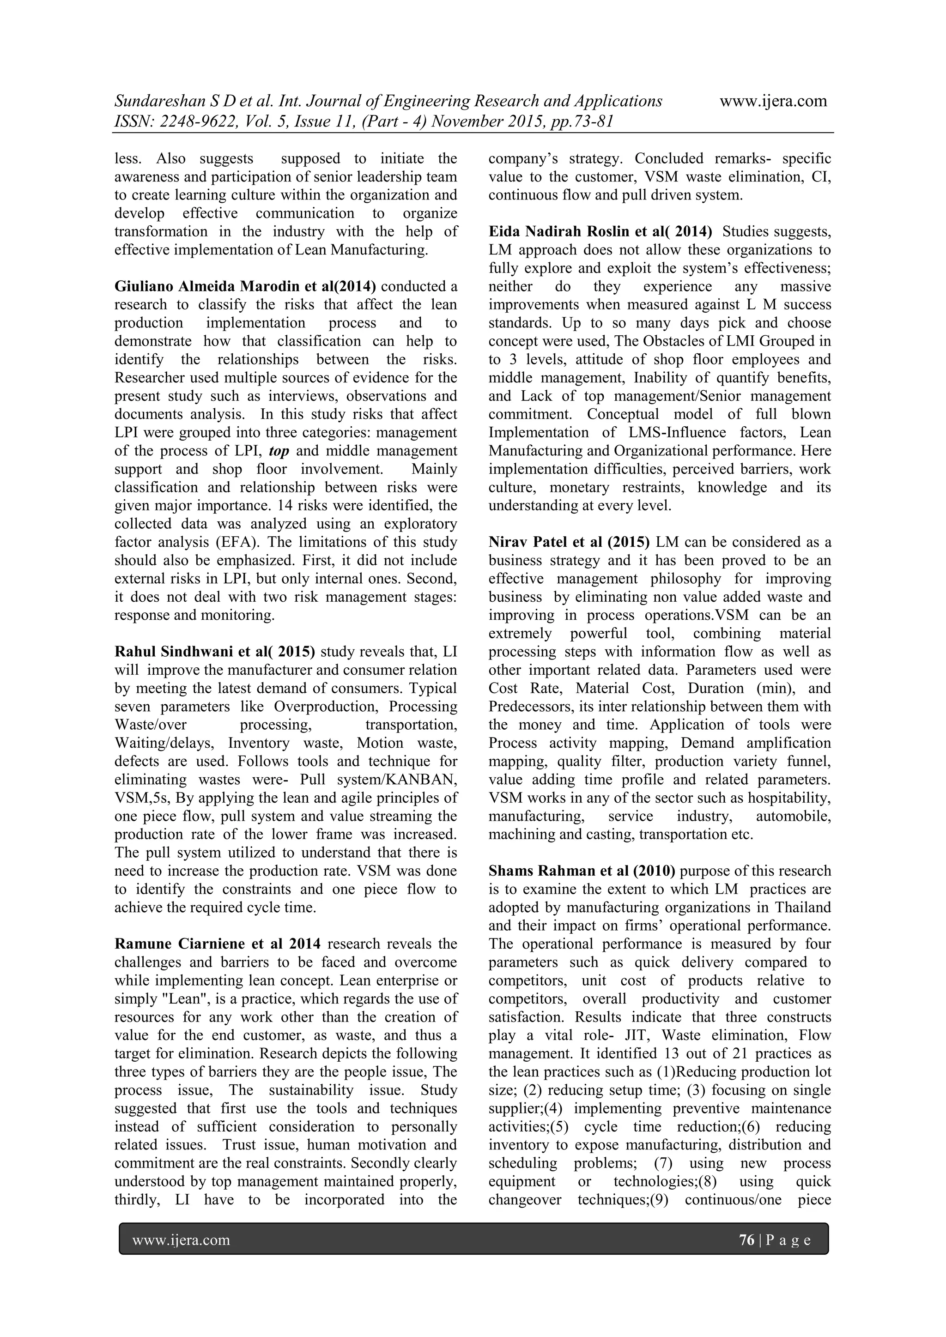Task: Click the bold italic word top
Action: point(279,451)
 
